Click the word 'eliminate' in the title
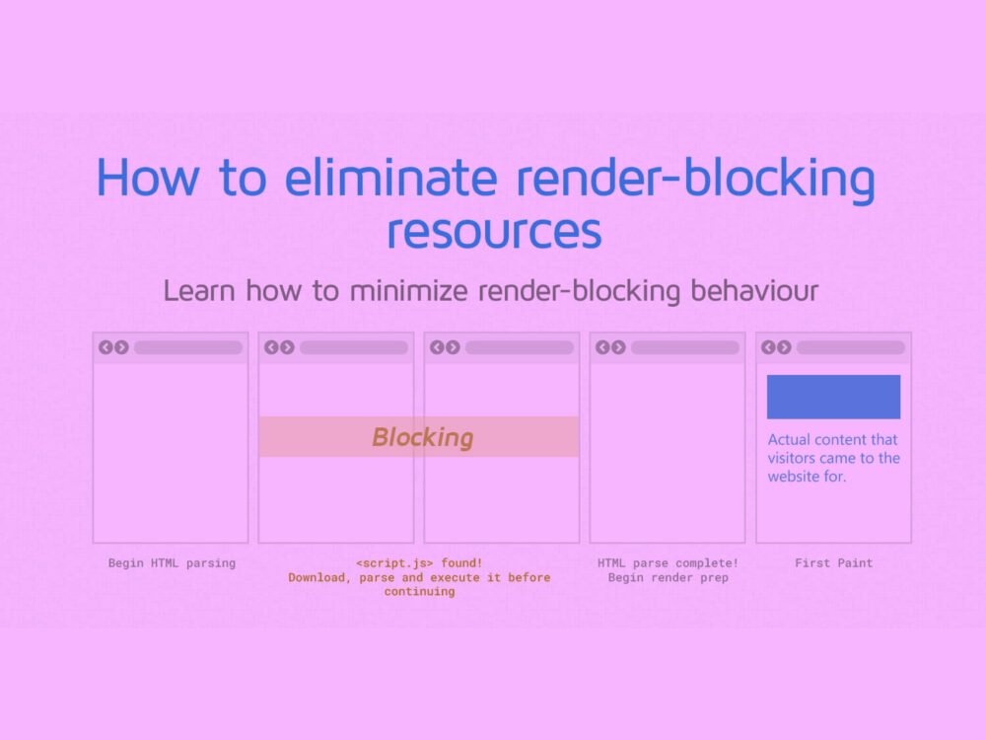point(391,177)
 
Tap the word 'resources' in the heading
point(494,231)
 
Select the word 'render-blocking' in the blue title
point(695,180)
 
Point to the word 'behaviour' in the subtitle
point(754,291)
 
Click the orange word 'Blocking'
point(422,437)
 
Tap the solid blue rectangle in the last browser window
point(833,397)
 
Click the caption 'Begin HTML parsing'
point(172,563)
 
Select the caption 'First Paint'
point(834,563)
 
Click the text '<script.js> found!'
point(419,563)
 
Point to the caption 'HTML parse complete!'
point(668,563)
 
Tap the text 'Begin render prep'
point(668,577)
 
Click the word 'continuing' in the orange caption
point(419,591)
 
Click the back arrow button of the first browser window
point(106,347)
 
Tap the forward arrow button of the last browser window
point(784,347)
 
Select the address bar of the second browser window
point(354,347)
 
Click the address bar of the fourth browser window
point(685,347)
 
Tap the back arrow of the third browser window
point(437,347)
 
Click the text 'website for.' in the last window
point(807,477)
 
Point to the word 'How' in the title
point(148,178)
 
